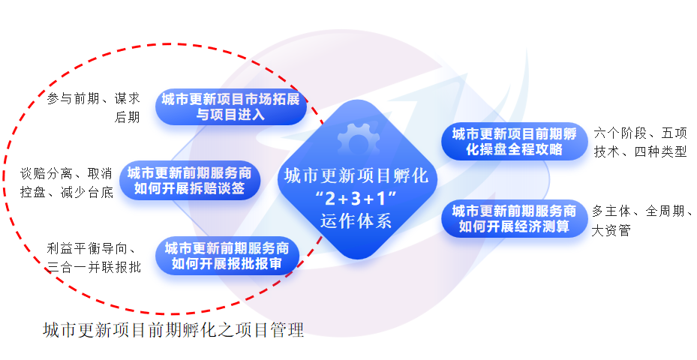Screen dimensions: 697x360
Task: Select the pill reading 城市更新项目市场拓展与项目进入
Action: coord(231,107)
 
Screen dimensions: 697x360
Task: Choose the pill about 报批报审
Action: coord(230,256)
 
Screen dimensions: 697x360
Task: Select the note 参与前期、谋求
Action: coord(93,98)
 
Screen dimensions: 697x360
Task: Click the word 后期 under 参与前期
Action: coord(127,117)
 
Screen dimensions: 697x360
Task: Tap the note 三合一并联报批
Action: coord(93,268)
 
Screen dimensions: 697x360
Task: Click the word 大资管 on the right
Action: coord(611,230)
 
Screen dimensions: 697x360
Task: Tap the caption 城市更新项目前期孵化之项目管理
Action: coord(173,330)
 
